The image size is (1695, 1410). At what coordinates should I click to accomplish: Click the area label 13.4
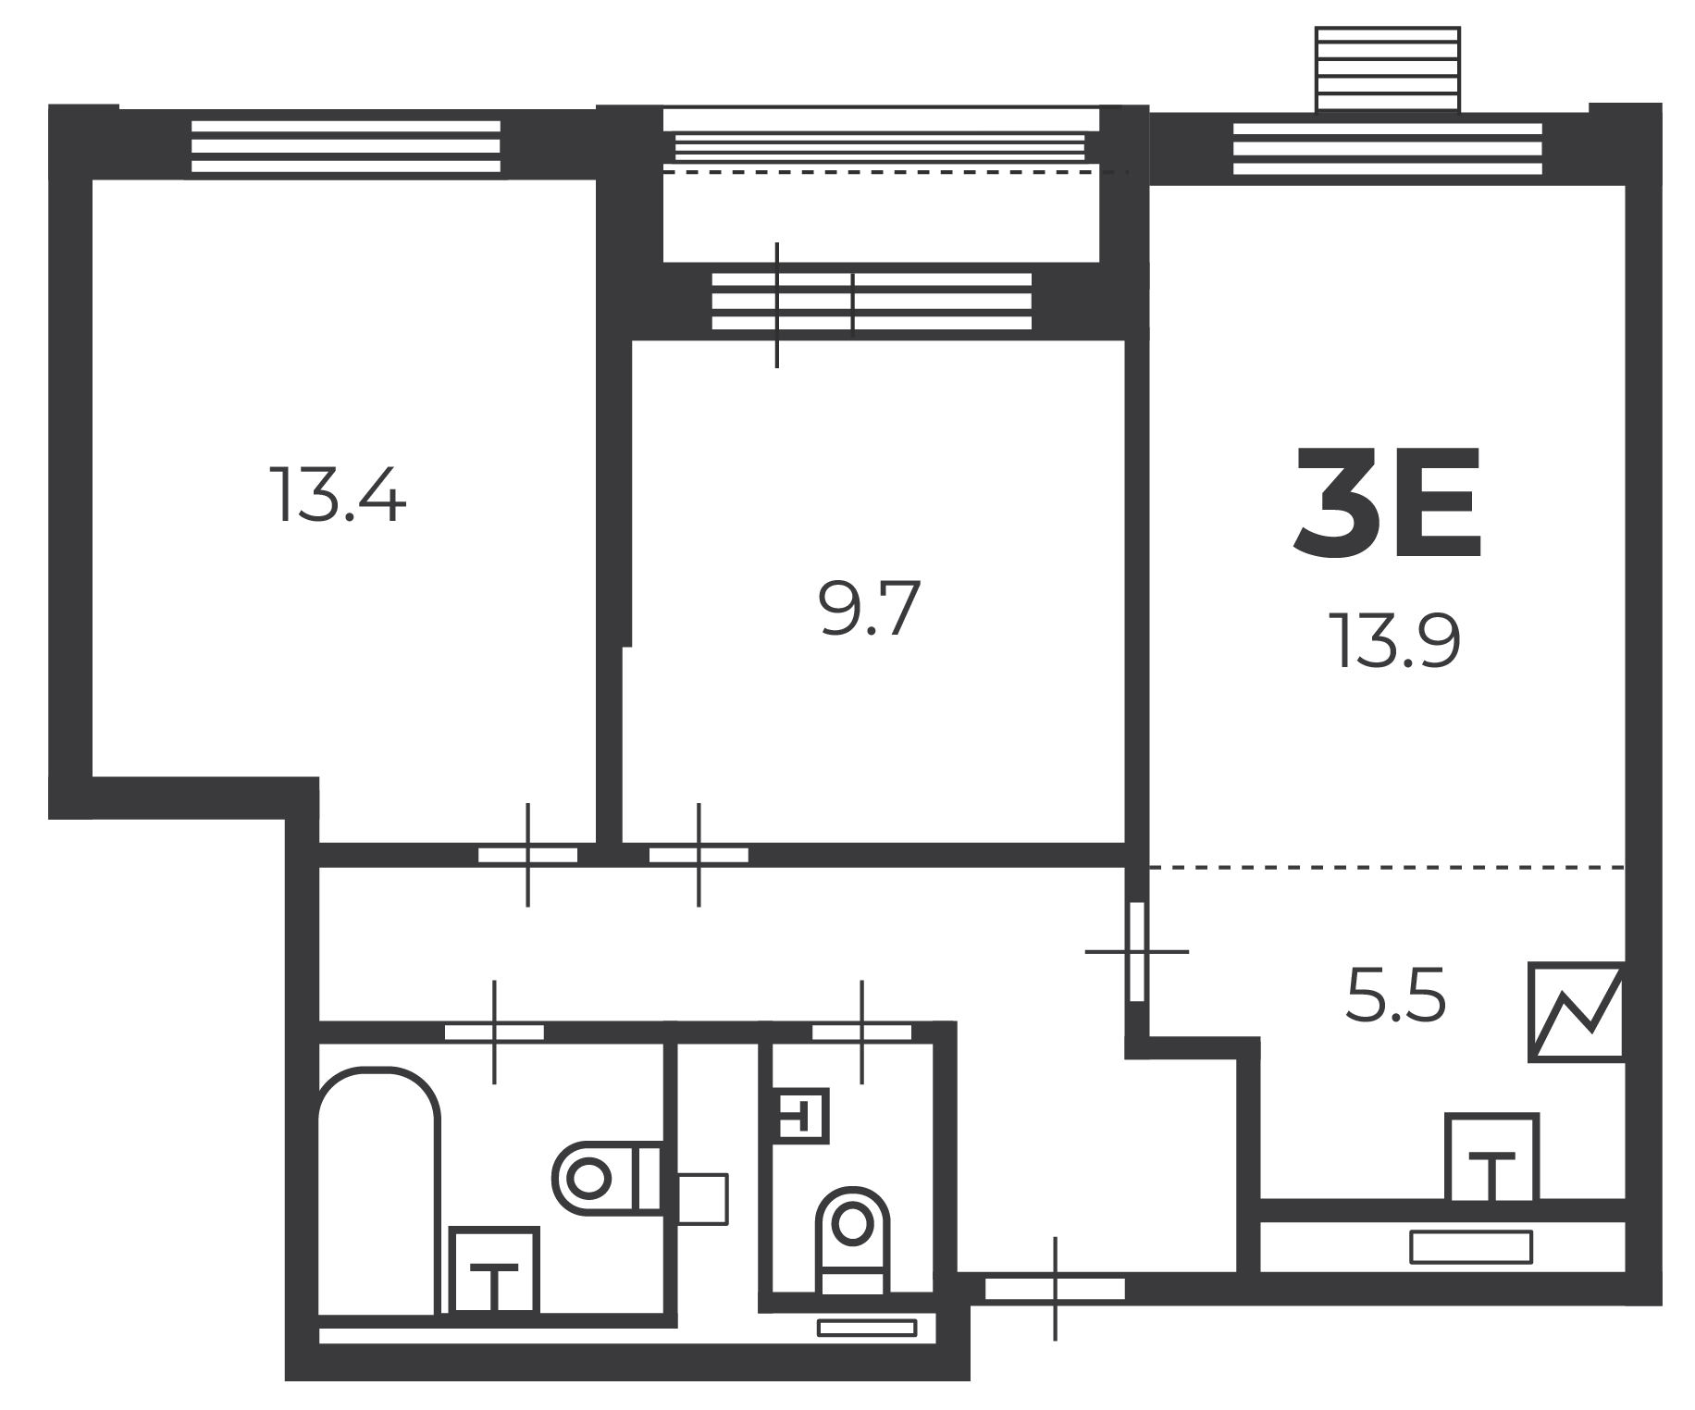(338, 495)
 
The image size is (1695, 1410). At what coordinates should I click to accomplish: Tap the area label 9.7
(870, 609)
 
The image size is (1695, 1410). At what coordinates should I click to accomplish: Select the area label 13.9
(1395, 640)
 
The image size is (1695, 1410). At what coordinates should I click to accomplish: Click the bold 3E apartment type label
(1388, 503)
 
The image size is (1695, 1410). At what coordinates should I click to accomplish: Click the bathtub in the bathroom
(377, 1192)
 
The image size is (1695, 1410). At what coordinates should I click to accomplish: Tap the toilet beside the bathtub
(608, 1178)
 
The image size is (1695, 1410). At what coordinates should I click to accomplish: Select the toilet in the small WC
(853, 1240)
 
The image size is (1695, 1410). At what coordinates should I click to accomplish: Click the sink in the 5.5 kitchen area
(1491, 1158)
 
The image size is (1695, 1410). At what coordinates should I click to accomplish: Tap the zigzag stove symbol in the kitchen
(1576, 1012)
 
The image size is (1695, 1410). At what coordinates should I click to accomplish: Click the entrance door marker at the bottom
(1055, 1288)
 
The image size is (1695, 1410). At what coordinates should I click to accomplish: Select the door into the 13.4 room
(527, 855)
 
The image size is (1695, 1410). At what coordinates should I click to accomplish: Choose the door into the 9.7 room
(699, 855)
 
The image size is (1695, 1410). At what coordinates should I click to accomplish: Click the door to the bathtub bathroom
(494, 1032)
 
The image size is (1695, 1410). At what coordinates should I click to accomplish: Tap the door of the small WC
(861, 1032)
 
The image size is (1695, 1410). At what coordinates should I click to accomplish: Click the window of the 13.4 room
(346, 146)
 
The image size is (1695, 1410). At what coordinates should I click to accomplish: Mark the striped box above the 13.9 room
(1388, 68)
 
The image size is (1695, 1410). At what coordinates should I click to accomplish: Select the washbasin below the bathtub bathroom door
(493, 1270)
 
